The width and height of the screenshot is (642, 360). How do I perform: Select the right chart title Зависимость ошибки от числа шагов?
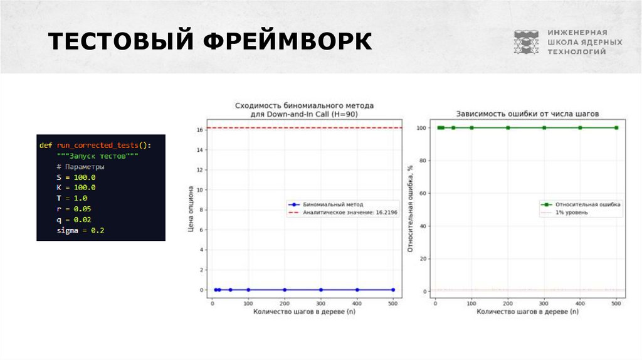(x=527, y=114)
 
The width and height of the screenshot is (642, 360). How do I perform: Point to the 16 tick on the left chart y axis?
(x=200, y=130)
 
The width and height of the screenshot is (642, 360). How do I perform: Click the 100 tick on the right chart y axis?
(x=421, y=128)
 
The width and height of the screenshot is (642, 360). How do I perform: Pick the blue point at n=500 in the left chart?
(x=393, y=290)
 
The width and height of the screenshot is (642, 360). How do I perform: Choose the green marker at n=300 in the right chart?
(x=544, y=128)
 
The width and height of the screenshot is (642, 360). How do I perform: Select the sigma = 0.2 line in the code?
(x=80, y=231)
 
